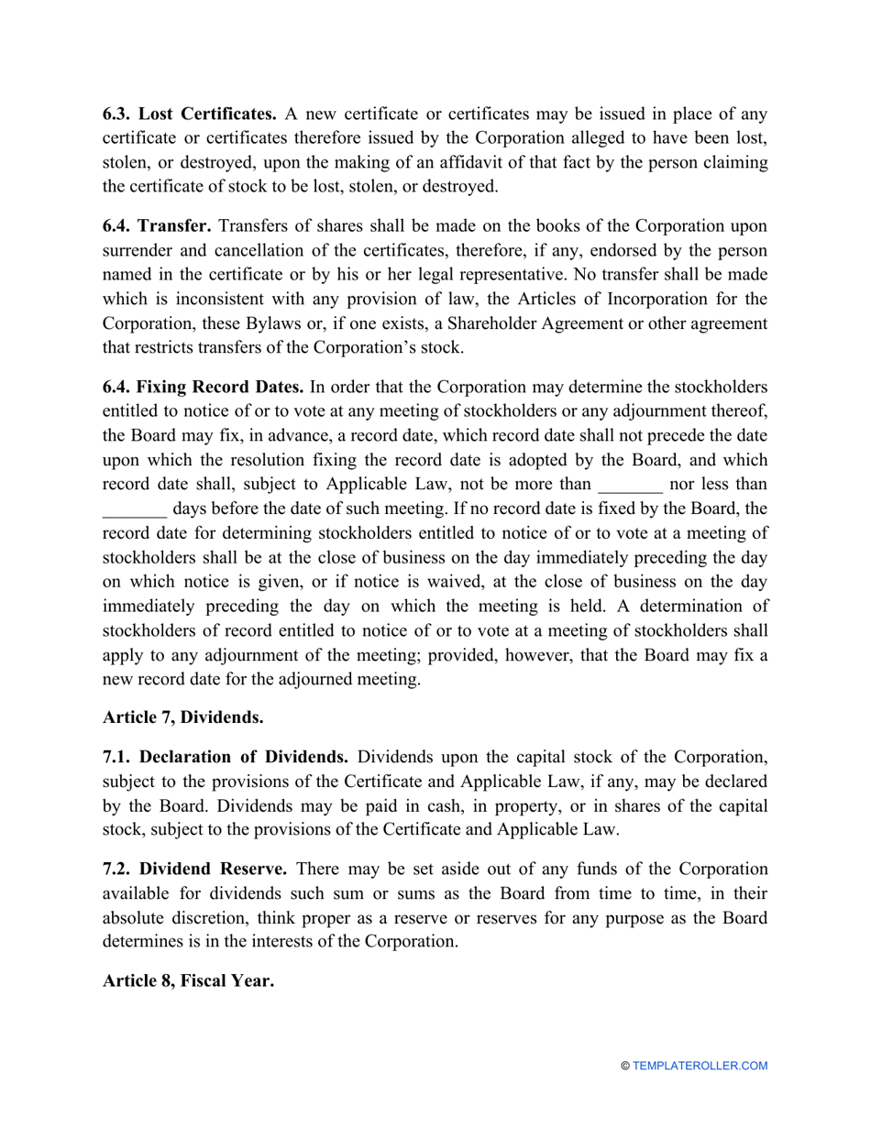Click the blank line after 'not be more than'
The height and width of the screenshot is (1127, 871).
pos(629,484)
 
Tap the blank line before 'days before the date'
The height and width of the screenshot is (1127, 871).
pos(135,508)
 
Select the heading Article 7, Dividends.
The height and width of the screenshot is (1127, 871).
pos(183,717)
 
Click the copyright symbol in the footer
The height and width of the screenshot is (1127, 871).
pos(625,1067)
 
